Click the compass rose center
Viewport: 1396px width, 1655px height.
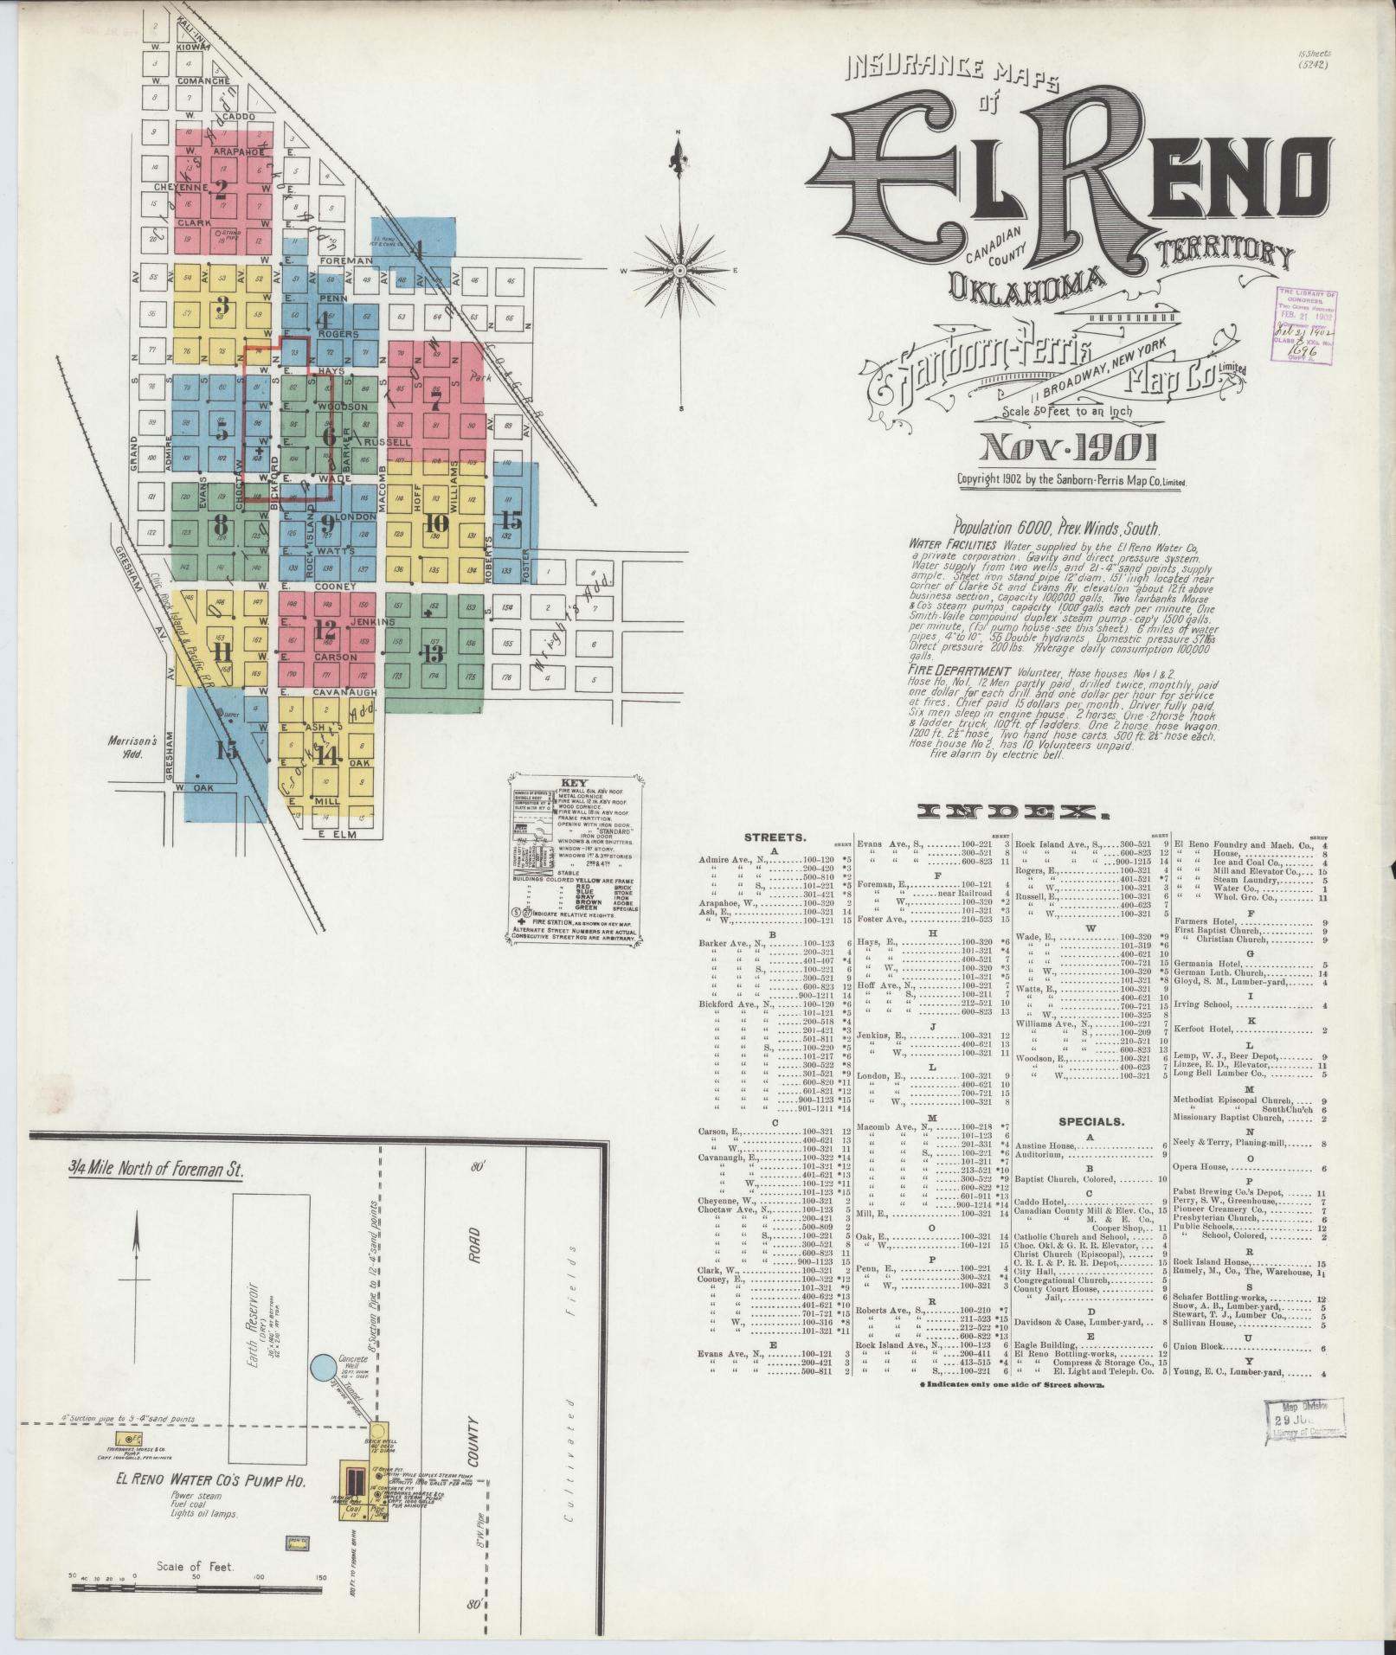pos(680,271)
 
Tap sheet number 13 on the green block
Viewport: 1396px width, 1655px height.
pos(433,651)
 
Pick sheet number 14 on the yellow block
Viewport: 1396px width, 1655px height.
pos(326,754)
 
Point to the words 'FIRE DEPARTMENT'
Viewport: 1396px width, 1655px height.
pos(960,670)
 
